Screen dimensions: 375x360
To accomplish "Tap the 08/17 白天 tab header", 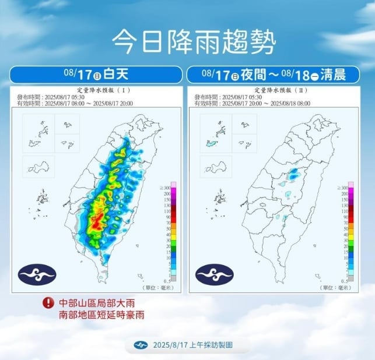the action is (x=97, y=75).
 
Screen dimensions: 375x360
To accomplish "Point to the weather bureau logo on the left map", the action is (x=37, y=273).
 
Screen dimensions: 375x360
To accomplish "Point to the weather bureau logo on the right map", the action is (x=214, y=273).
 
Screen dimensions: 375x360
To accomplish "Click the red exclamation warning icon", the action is (x=47, y=303).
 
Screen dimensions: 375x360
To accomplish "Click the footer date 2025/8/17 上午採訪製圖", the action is (x=192, y=345).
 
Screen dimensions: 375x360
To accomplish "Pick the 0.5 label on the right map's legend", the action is (x=345, y=280).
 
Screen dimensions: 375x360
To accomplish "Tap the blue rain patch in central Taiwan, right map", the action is (x=295, y=173).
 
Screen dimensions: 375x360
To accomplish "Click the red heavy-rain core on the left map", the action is (x=98, y=219).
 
